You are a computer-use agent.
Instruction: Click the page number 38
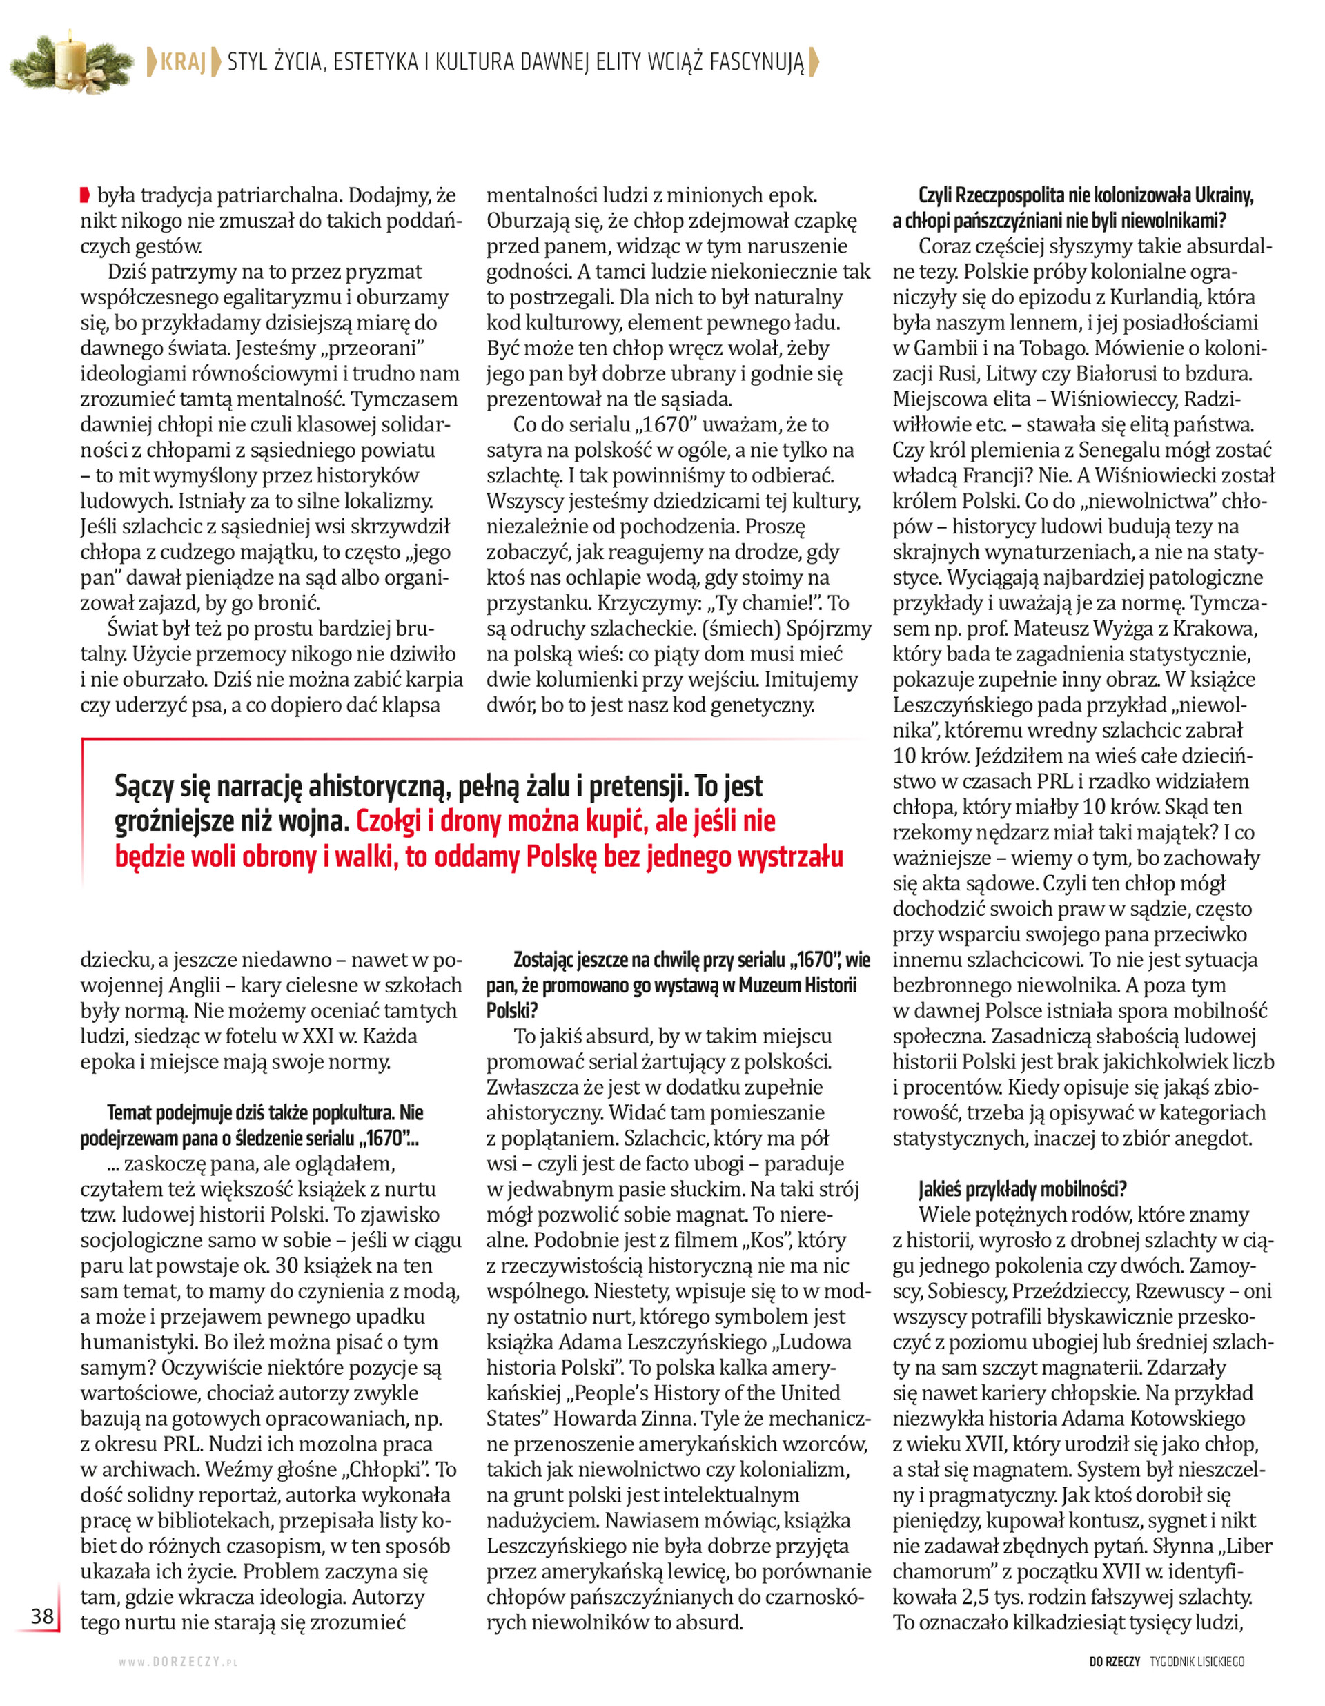42,1616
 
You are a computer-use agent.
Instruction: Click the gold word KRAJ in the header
183,61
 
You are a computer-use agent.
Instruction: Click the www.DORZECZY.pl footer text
178,1663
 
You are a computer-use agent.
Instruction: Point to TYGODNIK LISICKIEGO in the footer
1197,1661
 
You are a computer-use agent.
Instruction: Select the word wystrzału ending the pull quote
791,857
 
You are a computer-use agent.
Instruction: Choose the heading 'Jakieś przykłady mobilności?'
1023,1189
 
